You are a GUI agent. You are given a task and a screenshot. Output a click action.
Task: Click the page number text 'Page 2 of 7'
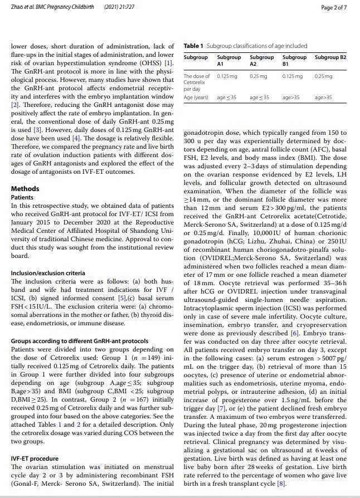pyautogui.click(x=334, y=7)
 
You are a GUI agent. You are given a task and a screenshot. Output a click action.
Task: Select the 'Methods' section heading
pyautogui.click(x=25, y=189)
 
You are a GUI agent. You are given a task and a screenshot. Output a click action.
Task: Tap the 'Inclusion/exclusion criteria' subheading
pyautogui.click(x=48, y=274)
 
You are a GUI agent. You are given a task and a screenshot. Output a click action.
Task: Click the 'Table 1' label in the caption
pyautogui.click(x=193, y=46)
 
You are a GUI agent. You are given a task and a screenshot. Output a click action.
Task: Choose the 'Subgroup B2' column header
pyautogui.click(x=330, y=57)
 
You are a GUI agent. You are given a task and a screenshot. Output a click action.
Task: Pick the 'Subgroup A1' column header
pyautogui.click(x=228, y=60)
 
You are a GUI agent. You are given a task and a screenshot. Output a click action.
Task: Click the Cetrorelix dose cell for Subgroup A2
pyautogui.click(x=258, y=76)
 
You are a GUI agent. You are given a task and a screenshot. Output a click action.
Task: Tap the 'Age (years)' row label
pyautogui.click(x=196, y=97)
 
